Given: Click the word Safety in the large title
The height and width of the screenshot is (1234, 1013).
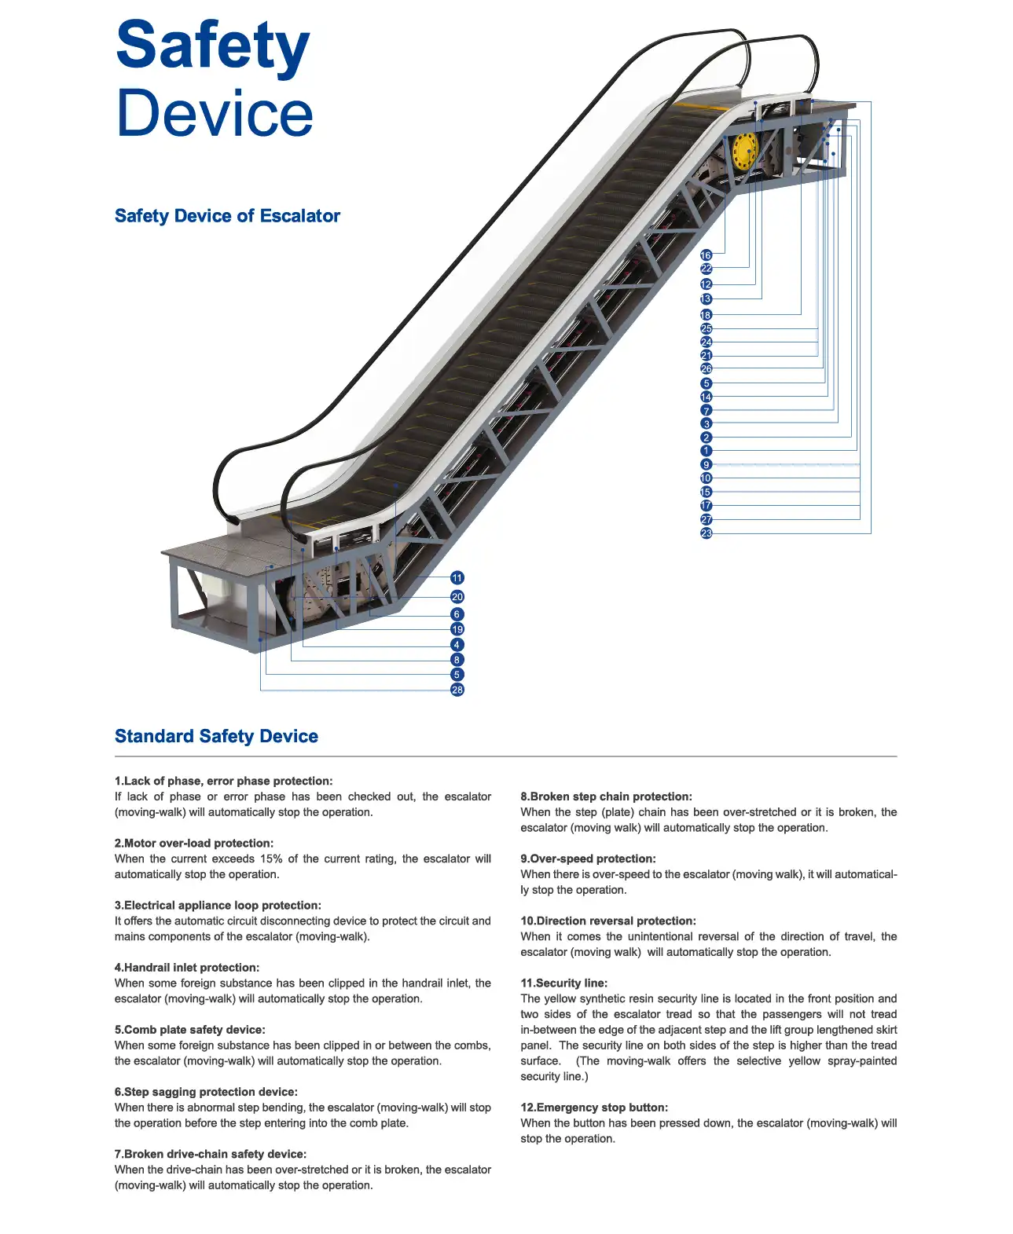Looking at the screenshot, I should [x=212, y=46].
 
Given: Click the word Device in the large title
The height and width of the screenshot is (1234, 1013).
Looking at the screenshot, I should [x=215, y=112].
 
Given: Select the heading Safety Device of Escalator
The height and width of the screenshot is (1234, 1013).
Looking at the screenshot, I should [x=227, y=216].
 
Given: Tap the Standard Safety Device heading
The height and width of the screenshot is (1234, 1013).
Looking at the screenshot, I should [x=216, y=736].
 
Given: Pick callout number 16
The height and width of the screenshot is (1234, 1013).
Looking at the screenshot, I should [x=706, y=255].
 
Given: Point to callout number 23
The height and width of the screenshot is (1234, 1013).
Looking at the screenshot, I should [x=706, y=533].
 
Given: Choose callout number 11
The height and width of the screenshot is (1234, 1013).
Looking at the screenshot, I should [x=457, y=578].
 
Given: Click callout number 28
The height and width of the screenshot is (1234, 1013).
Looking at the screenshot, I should [x=457, y=690].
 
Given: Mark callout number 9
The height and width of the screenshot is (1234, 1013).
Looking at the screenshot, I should [x=706, y=465].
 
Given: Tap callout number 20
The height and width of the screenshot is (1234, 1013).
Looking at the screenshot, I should [x=457, y=597].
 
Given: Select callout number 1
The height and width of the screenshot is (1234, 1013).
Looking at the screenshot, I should [x=706, y=451].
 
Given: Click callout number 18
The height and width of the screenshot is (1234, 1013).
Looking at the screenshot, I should [x=706, y=315].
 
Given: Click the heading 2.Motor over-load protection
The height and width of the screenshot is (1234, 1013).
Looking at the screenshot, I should [x=194, y=843].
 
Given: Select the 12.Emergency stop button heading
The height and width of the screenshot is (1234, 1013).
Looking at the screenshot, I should [x=594, y=1108].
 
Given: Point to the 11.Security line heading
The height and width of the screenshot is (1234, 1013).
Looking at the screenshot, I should [x=563, y=983].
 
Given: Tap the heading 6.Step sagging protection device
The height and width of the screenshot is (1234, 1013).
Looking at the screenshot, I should [x=206, y=1092].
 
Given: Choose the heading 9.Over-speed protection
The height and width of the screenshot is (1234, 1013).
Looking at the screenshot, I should [x=588, y=859].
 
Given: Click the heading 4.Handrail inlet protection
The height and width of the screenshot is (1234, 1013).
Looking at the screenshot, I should [x=187, y=968].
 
